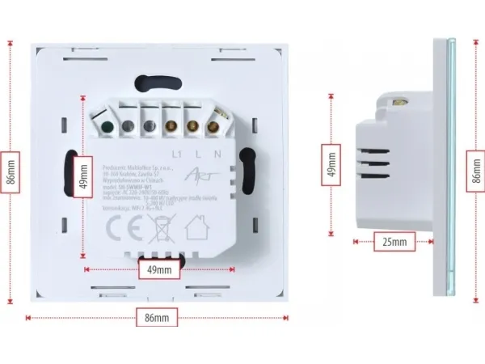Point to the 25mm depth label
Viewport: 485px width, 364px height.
coord(395,241)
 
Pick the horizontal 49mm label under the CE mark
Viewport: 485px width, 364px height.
coord(158,269)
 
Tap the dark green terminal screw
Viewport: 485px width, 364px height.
coord(105,125)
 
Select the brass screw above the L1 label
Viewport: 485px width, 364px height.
coord(171,125)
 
